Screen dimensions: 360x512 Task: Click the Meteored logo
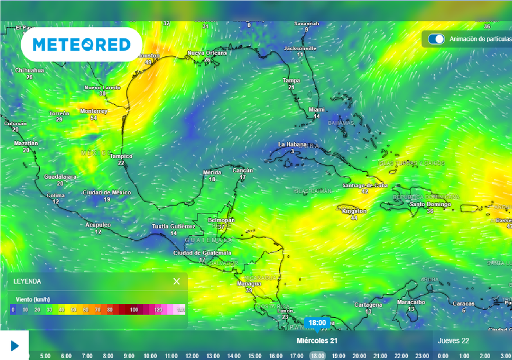click(x=81, y=44)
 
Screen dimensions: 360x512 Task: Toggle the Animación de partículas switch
click(x=436, y=39)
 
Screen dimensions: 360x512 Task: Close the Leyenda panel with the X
click(x=176, y=281)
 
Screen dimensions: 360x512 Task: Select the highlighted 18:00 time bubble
click(x=317, y=323)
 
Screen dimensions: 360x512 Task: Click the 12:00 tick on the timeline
click(x=192, y=356)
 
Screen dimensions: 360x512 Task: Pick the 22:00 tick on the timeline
click(x=401, y=356)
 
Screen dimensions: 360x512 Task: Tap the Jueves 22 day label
click(x=453, y=340)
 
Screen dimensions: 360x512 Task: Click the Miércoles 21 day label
click(x=317, y=340)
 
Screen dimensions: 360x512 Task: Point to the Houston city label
click(x=148, y=55)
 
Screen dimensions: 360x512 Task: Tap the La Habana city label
click(x=292, y=144)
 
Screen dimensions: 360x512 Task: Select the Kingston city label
click(x=354, y=211)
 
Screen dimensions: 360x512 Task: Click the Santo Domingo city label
click(x=430, y=204)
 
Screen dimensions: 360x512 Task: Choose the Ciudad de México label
click(x=106, y=192)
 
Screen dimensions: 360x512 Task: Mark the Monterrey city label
click(x=93, y=111)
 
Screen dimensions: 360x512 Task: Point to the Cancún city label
click(x=242, y=170)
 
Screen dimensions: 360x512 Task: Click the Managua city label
click(x=248, y=283)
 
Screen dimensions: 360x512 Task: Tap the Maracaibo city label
click(x=411, y=302)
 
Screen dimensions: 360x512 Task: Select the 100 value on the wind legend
click(x=134, y=310)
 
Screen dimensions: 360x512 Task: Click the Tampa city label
click(x=291, y=80)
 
